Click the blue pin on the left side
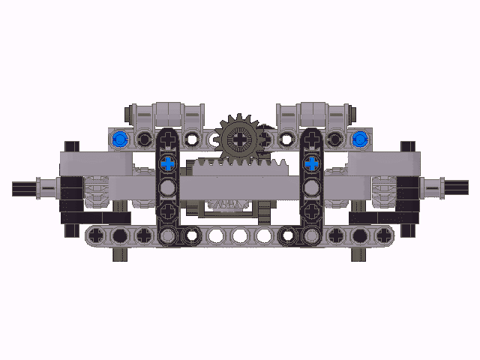pyautogui.click(x=118, y=139)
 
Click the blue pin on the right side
pyautogui.click(x=360, y=139)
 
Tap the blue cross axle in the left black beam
pyautogui.click(x=168, y=163)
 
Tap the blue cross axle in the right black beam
pyautogui.click(x=311, y=163)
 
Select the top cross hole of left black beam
pyautogui.click(x=168, y=139)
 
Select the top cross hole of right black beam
pyautogui.click(x=311, y=139)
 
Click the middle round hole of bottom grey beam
pyautogui.click(x=239, y=235)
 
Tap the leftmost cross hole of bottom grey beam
pyautogui.click(x=96, y=235)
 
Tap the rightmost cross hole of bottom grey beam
pyautogui.click(x=383, y=235)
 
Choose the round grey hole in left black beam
pyautogui.click(x=168, y=187)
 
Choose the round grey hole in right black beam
pyautogui.click(x=311, y=187)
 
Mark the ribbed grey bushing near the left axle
pyautogui.click(x=96, y=190)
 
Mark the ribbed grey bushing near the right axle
pyautogui.click(x=383, y=190)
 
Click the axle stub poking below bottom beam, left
pyautogui.click(x=120, y=254)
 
